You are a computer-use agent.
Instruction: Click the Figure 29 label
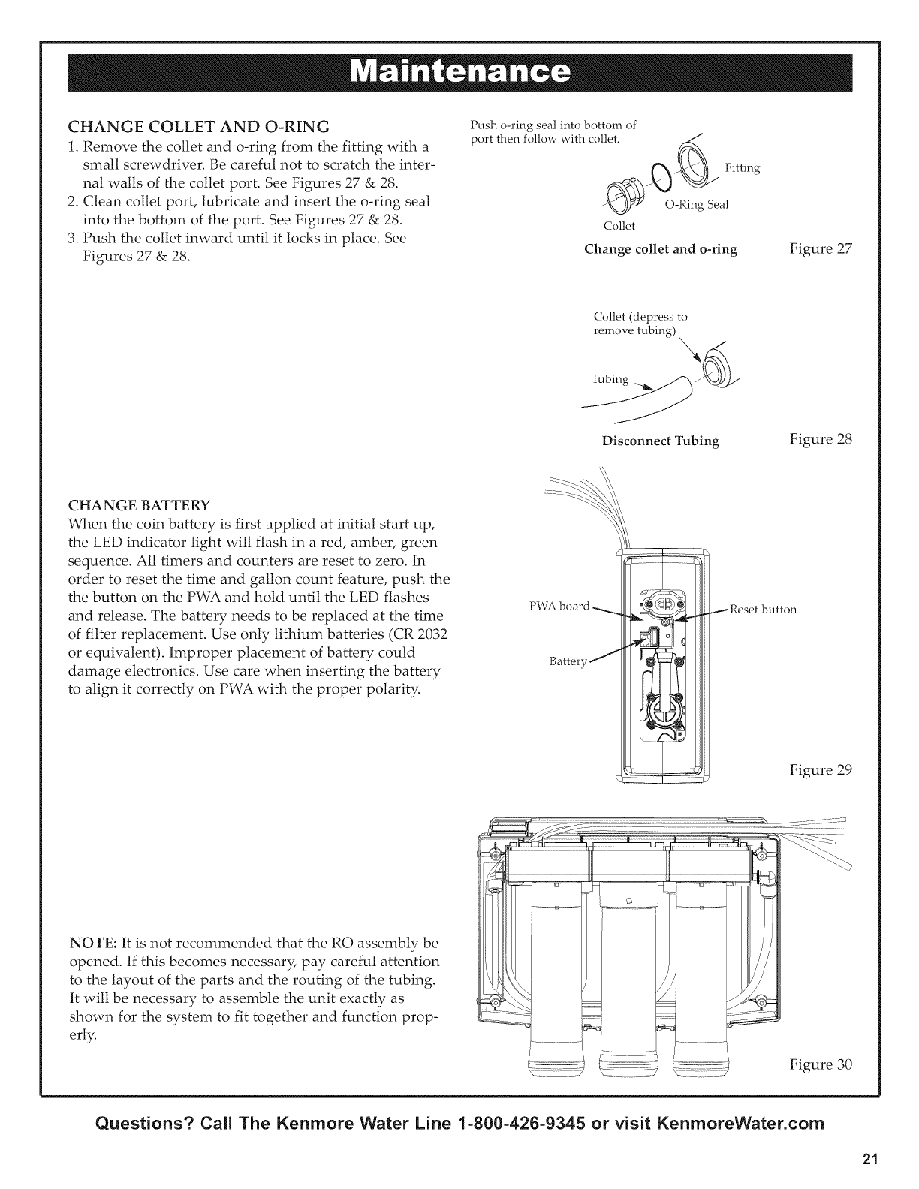(x=821, y=770)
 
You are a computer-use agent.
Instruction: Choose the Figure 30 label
(x=821, y=1064)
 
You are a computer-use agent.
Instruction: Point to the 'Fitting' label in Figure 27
(x=743, y=169)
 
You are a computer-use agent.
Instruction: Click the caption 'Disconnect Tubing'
(x=661, y=441)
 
